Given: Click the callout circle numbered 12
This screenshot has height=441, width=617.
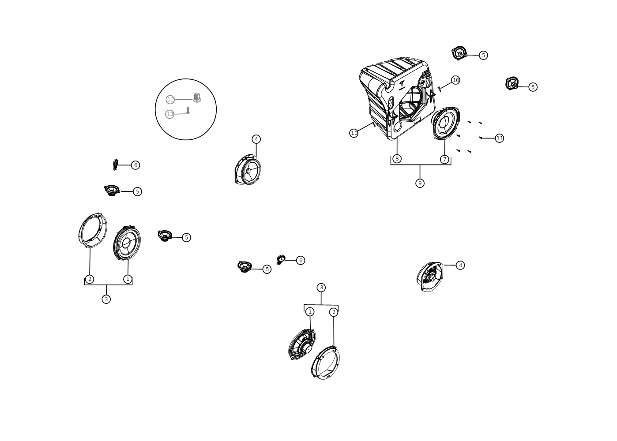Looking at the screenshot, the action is (x=170, y=100).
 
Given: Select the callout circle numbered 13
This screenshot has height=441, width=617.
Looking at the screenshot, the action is (x=169, y=114).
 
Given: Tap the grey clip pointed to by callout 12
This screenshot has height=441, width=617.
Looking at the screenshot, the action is (x=197, y=97).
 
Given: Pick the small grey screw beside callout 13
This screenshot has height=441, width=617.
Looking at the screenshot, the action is (x=188, y=110).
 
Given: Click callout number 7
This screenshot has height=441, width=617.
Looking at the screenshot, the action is (x=444, y=159).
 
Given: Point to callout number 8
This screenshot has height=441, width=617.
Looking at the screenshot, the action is (x=397, y=159).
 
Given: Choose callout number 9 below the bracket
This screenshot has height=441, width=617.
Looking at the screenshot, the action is (x=420, y=183).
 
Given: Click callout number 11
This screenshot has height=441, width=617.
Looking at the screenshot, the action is (x=500, y=138).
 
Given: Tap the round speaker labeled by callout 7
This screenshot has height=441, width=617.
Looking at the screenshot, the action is (x=446, y=123).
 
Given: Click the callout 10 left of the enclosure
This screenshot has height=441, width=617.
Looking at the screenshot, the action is (x=354, y=133).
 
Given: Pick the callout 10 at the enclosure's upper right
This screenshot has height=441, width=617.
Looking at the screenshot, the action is (x=455, y=80).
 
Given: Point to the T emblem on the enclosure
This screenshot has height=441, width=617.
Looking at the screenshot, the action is (x=402, y=85).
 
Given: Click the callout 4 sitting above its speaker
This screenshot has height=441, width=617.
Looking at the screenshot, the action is (x=256, y=139).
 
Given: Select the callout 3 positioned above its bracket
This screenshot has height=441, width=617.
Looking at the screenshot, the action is (x=321, y=288).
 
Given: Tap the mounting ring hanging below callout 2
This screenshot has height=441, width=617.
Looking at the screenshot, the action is (x=325, y=363).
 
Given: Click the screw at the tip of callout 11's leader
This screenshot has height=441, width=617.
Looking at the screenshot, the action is (x=480, y=137).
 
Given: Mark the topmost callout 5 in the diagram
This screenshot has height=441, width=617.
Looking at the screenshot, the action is (x=483, y=55).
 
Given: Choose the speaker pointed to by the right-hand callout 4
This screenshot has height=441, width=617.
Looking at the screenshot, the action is (x=430, y=277).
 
